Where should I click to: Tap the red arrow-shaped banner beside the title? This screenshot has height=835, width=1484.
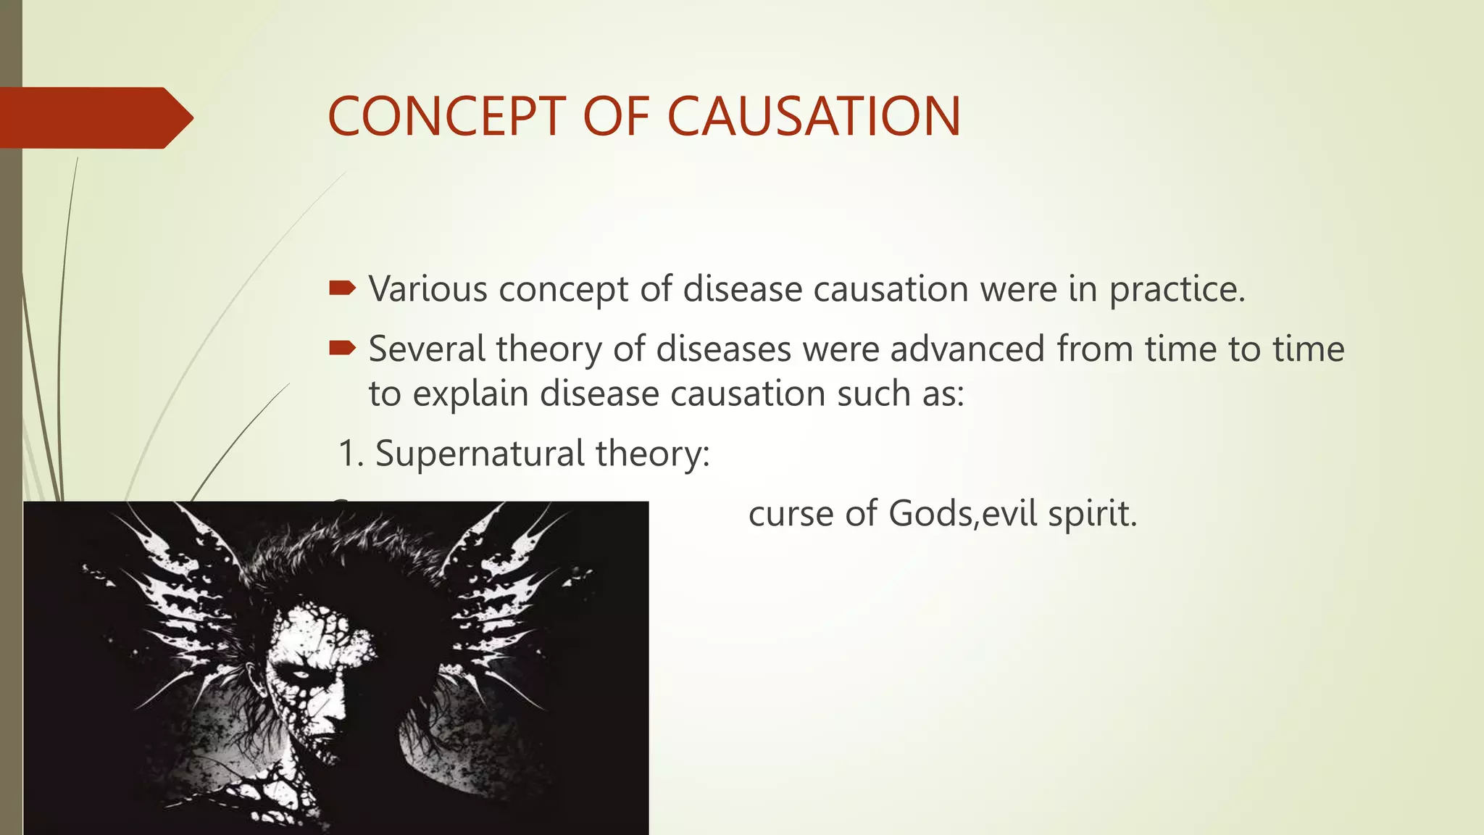click(94, 117)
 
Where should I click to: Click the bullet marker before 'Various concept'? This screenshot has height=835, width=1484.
click(342, 289)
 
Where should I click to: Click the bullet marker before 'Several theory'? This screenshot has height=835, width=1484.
click(342, 349)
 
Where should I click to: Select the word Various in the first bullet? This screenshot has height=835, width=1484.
click(428, 289)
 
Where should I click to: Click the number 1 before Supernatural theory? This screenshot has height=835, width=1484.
click(349, 454)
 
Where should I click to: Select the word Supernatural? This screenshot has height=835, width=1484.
click(479, 454)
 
